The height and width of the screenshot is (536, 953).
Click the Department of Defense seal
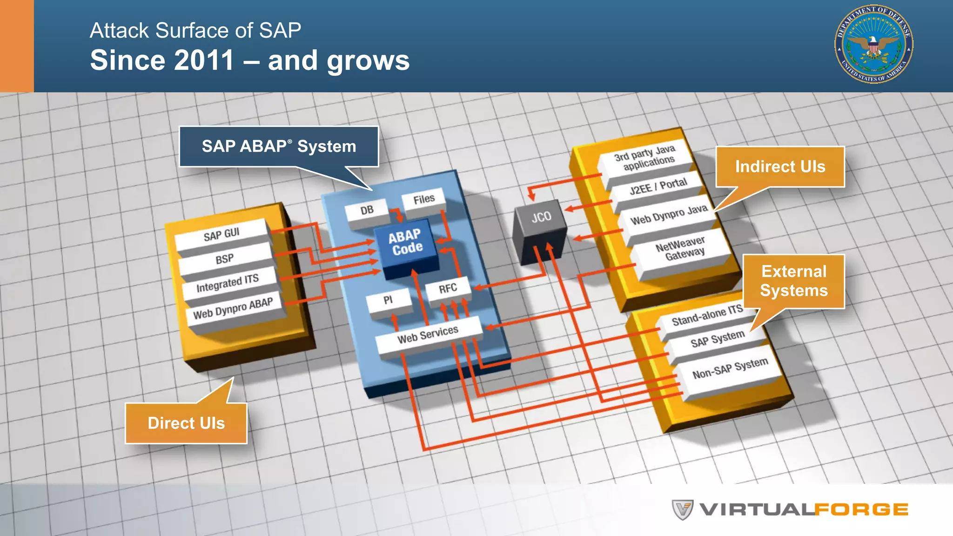coord(873,45)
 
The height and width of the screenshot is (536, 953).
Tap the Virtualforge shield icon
coord(682,509)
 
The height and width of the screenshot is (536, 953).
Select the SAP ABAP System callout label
coord(279,146)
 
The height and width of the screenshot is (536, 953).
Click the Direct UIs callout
coord(186,423)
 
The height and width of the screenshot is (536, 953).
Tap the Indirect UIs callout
coord(780,167)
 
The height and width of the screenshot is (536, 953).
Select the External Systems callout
coord(794,281)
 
